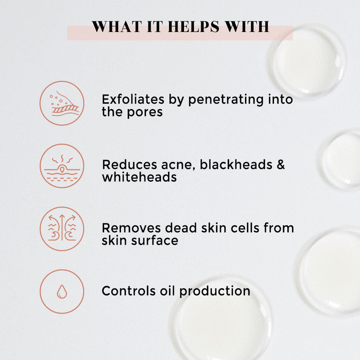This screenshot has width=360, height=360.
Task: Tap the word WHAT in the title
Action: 116,27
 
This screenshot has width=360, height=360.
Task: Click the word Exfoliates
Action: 133,100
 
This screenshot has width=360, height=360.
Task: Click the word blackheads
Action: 236,165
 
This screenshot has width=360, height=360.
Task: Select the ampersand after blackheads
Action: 281,165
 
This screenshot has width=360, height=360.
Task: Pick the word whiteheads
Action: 139,177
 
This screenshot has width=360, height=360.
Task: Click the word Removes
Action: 131,228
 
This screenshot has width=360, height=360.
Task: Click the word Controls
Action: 129,291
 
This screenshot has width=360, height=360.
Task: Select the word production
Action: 214,291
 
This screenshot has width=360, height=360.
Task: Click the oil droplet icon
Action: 62,291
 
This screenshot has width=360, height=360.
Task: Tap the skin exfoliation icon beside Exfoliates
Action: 62,103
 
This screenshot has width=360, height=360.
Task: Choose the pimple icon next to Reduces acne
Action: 62,166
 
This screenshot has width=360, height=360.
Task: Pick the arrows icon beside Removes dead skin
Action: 62,229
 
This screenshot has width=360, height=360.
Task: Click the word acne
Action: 178,165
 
